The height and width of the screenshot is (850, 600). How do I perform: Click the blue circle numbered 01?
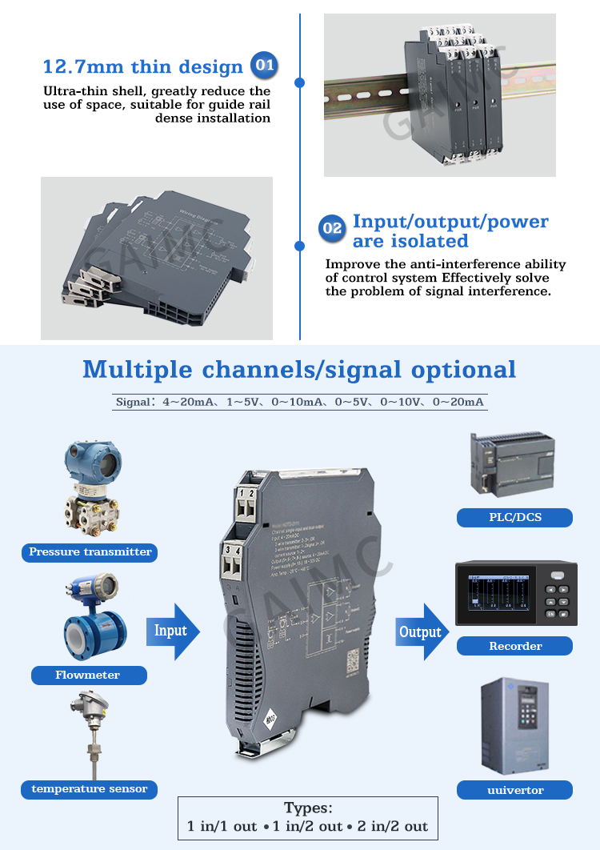[264, 66]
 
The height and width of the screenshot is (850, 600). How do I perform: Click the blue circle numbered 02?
[332, 230]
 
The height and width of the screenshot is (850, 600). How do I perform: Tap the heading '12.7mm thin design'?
[142, 66]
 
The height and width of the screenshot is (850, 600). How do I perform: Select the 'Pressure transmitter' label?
[90, 551]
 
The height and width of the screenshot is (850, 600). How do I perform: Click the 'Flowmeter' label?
[88, 675]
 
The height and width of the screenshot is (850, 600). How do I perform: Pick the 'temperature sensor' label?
[89, 788]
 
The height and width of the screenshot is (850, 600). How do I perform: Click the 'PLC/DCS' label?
[514, 517]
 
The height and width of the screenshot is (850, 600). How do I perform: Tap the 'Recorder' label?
[514, 646]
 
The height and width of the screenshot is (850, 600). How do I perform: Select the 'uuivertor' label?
[514, 790]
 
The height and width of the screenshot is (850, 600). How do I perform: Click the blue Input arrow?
[172, 631]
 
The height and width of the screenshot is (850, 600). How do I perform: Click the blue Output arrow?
[422, 632]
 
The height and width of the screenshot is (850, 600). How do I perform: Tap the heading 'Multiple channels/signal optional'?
[299, 370]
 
